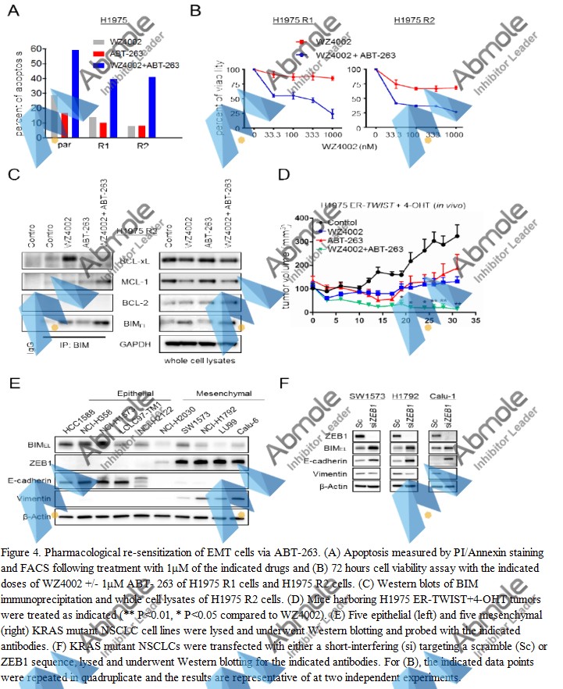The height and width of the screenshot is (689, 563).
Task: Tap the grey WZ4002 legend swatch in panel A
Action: click(98, 41)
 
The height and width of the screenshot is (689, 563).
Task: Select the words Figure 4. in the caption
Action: click(28, 540)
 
